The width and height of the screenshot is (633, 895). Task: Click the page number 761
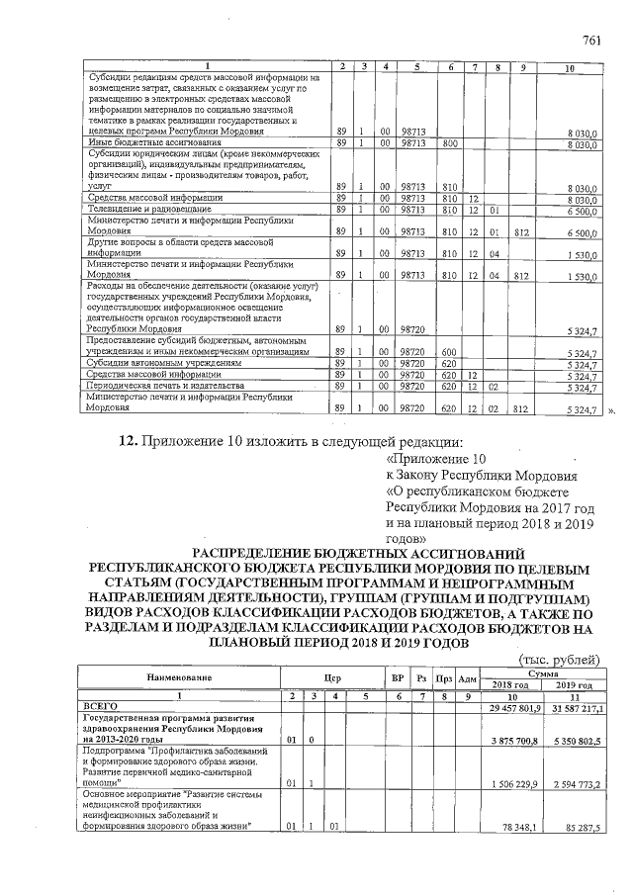tap(592, 41)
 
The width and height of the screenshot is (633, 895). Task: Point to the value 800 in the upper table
tap(450, 144)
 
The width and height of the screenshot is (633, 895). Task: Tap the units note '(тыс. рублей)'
tap(559, 659)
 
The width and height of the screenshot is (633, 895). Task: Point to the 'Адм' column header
tap(469, 678)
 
